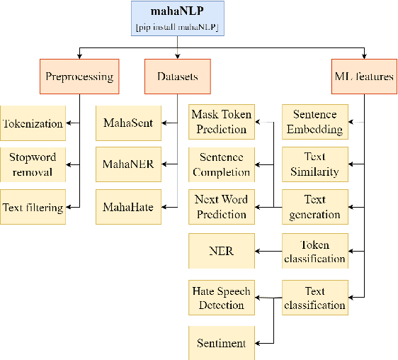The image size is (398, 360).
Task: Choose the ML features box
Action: (x=363, y=76)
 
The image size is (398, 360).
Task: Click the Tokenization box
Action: (x=33, y=123)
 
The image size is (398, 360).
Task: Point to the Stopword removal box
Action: (x=33, y=164)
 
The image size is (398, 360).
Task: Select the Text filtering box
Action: (x=33, y=207)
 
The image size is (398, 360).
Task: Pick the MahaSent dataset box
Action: (x=127, y=123)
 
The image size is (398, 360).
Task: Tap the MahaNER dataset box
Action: (x=127, y=164)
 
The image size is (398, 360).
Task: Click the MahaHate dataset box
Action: (x=127, y=207)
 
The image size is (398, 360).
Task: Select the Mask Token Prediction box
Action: (x=222, y=122)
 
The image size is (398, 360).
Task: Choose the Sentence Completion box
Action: (x=222, y=164)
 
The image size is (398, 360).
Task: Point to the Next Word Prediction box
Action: (x=222, y=207)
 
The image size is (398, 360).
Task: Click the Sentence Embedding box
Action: (x=315, y=122)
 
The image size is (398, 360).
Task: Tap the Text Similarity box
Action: (x=315, y=164)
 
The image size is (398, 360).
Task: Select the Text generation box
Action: (x=315, y=207)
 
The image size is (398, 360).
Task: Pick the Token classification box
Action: (x=315, y=251)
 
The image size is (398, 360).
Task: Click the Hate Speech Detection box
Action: (x=222, y=298)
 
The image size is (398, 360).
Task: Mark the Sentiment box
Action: (x=222, y=343)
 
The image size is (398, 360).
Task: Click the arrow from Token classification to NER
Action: (x=268, y=251)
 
